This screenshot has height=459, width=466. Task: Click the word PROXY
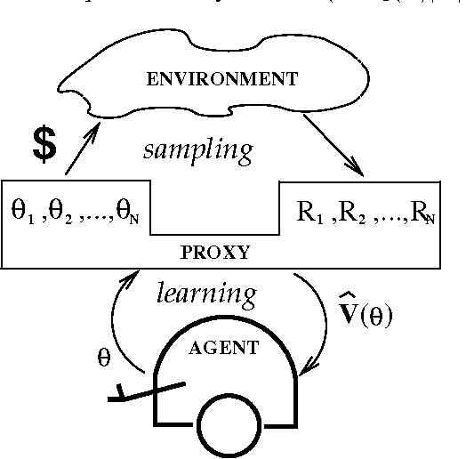(216, 253)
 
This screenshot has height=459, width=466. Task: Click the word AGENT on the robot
(223, 348)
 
